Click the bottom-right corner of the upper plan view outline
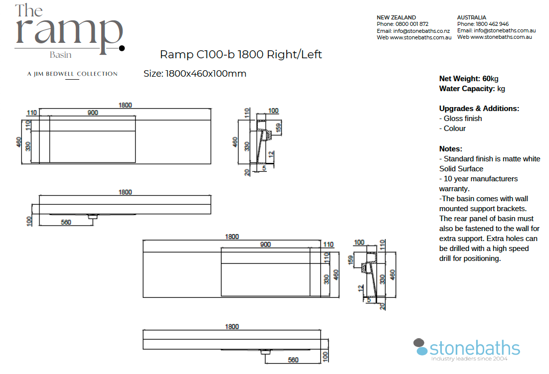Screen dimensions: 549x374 (x=211, y=163)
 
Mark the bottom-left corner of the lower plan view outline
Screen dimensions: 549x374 (x=143, y=297)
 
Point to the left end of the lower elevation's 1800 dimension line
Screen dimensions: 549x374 (x=143, y=330)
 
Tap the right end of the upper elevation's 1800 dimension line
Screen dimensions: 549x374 (x=211, y=195)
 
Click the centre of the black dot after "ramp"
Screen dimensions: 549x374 (x=122, y=48)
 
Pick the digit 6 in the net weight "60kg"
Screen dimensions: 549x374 (x=485, y=79)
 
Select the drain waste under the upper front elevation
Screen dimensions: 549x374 (x=93, y=217)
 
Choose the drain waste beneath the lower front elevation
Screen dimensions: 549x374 (x=266, y=352)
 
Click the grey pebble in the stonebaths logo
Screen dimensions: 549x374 (x=419, y=343)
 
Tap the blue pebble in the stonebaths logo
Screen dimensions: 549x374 (x=422, y=351)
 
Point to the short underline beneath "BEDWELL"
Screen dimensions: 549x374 (x=72, y=79)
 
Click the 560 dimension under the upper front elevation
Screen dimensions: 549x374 (x=66, y=222)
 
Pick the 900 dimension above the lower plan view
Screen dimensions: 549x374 (x=265, y=245)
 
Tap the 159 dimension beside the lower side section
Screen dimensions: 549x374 (x=351, y=260)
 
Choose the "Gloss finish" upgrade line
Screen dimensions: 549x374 (x=460, y=119)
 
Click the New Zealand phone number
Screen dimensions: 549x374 (x=412, y=24)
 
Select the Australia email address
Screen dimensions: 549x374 (x=505, y=30)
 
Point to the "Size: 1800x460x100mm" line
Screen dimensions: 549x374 (x=195, y=74)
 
